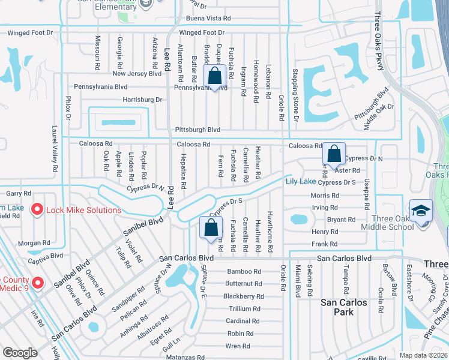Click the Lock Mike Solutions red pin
(x=37, y=210)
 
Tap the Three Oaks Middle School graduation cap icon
(x=421, y=211)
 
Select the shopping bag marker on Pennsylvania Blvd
(x=214, y=76)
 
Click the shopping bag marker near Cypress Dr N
(x=334, y=154)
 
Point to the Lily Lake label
(x=300, y=181)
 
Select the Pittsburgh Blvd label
(x=197, y=130)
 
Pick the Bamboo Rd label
(x=244, y=272)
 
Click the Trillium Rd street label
(x=244, y=309)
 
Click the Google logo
(x=20, y=353)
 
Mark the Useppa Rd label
(x=366, y=194)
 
